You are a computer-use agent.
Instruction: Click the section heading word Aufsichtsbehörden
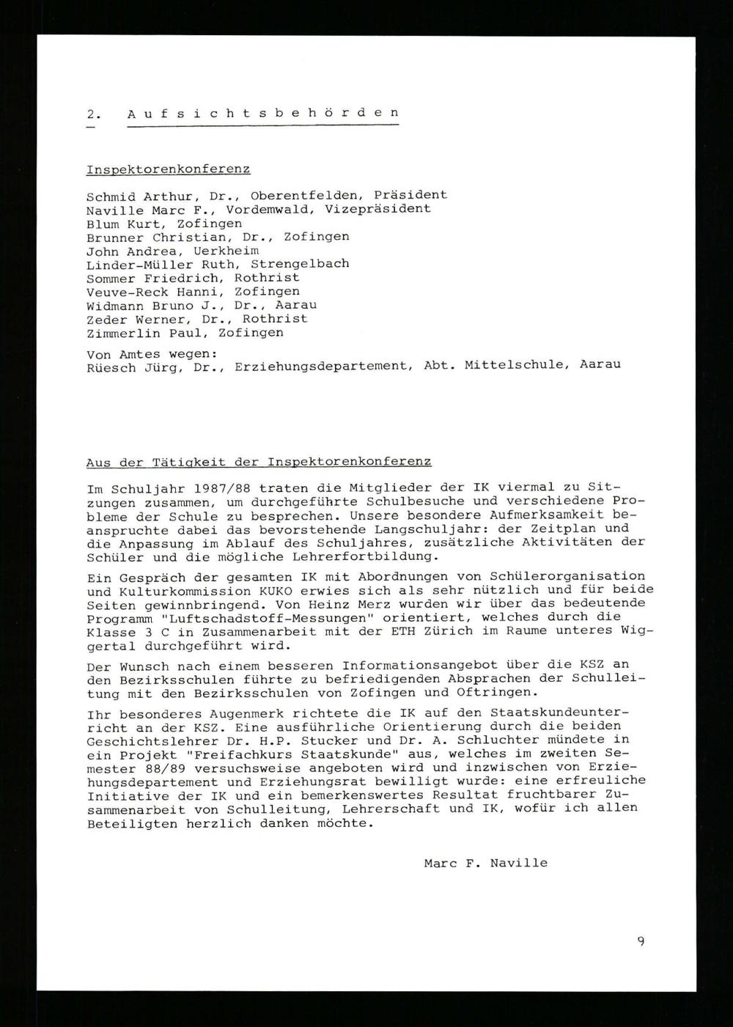coord(263,114)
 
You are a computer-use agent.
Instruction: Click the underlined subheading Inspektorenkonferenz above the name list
coord(168,169)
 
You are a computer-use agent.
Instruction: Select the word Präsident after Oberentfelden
coord(410,195)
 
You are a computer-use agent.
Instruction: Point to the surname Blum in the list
coord(103,223)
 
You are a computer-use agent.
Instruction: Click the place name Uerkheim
coord(226,251)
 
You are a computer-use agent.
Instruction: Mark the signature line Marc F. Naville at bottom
coord(485,864)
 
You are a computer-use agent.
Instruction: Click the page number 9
coord(641,942)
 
